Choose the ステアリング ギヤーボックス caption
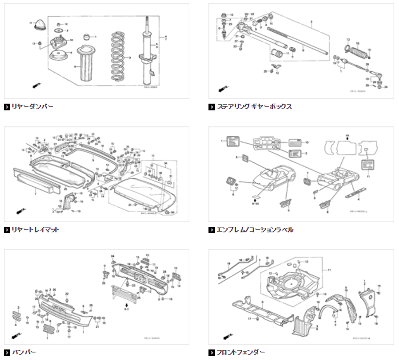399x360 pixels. tap(254, 106)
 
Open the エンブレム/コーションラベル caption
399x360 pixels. tap(255, 230)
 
